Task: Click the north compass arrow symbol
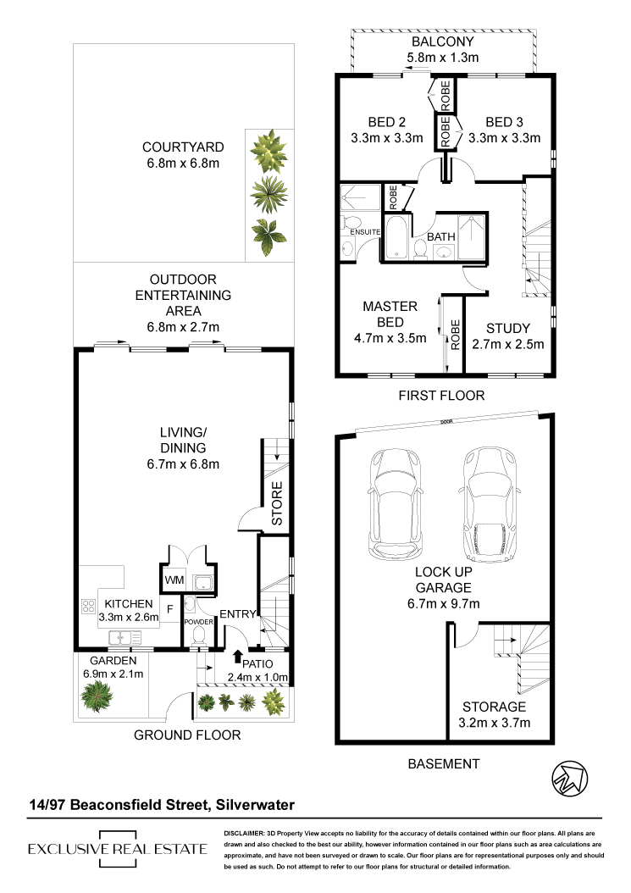(x=569, y=778)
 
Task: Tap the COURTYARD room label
(x=183, y=147)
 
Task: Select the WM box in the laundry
(x=174, y=580)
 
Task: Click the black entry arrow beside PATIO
(x=237, y=657)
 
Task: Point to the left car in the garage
(x=396, y=503)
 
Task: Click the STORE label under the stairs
(x=277, y=503)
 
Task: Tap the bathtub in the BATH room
(x=396, y=237)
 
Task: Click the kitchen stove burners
(x=88, y=606)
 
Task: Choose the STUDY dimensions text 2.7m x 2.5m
(x=508, y=345)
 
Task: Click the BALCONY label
(x=442, y=42)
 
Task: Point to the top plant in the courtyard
(x=268, y=151)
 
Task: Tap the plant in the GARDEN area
(x=97, y=696)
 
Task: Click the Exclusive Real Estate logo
(x=118, y=849)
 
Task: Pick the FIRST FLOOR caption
(x=441, y=396)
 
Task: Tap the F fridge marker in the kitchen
(x=169, y=609)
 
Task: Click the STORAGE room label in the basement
(x=494, y=707)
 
